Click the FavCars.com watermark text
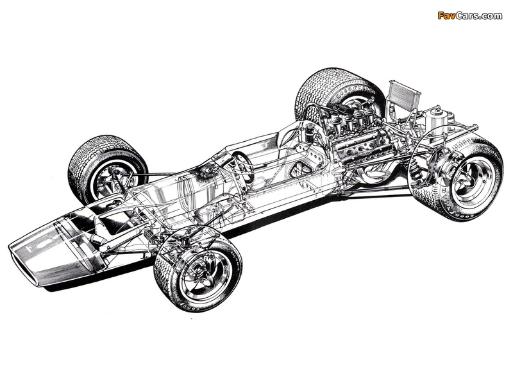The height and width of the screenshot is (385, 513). [x=470, y=15]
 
